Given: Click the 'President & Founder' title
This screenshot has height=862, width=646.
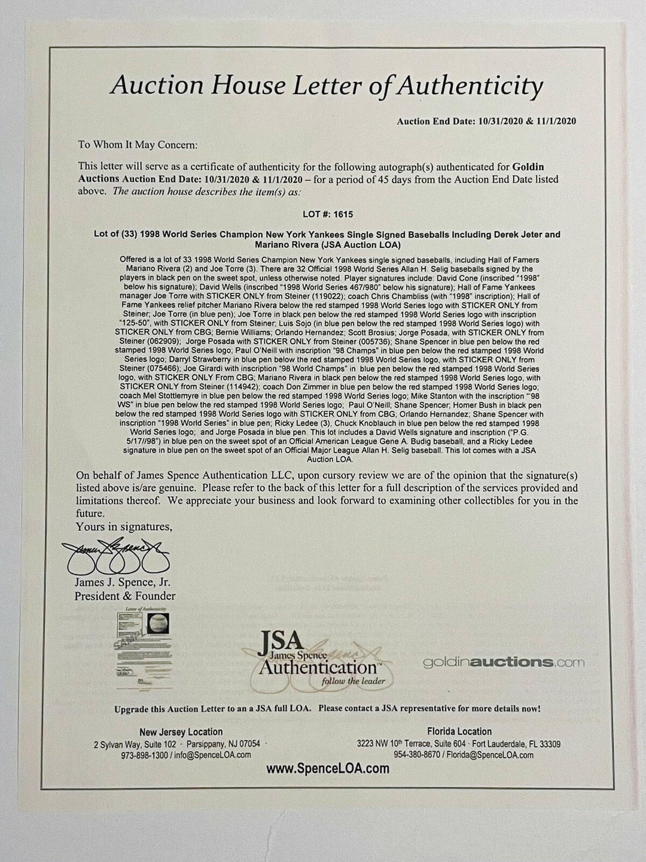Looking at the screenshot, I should [125, 596].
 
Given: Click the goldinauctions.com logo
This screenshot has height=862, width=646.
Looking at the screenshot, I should [504, 661].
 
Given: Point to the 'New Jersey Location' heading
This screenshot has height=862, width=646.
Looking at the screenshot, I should [181, 732].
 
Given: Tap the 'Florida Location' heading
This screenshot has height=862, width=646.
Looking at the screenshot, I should [459, 732].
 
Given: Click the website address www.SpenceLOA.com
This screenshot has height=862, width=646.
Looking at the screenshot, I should [327, 769].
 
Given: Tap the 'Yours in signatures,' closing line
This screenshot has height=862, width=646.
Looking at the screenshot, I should [124, 527].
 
